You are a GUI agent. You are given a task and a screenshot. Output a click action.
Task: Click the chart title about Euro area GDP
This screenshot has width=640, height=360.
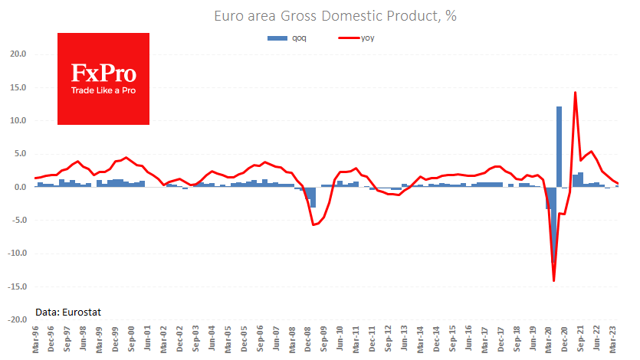click(x=325, y=16)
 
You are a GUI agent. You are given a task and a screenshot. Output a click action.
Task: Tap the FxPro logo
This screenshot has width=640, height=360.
click(x=103, y=77)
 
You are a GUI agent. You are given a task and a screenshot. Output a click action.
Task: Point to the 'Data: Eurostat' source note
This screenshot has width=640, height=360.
click(x=68, y=312)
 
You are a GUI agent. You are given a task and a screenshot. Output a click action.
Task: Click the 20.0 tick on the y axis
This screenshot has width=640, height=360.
click(x=17, y=54)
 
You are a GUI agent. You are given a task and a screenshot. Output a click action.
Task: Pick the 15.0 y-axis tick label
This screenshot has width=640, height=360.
click(x=17, y=87)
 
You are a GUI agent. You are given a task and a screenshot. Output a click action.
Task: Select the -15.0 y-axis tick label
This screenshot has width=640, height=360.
click(x=16, y=286)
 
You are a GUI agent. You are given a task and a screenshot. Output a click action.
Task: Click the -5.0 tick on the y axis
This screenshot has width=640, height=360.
click(x=18, y=221)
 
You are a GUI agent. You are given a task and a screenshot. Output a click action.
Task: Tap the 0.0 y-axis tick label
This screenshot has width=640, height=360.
click(x=19, y=187)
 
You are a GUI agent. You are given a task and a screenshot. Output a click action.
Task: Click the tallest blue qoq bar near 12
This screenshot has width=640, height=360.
click(x=559, y=146)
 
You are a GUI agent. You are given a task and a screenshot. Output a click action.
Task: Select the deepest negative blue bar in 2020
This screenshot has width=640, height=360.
click(x=553, y=226)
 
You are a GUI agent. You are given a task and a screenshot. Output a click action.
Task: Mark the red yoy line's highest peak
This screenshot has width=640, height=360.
click(x=575, y=93)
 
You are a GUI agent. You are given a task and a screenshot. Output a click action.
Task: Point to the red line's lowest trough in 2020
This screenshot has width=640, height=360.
click(x=553, y=280)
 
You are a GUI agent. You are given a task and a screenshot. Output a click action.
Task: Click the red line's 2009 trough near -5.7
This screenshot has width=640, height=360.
click(x=313, y=224)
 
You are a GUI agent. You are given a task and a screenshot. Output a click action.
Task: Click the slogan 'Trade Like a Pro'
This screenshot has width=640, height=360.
click(x=103, y=90)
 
